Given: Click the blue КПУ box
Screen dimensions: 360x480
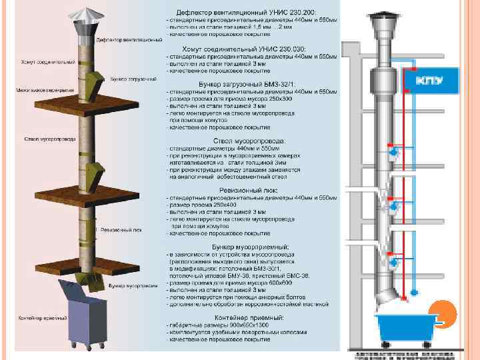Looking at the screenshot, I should tap(435, 81).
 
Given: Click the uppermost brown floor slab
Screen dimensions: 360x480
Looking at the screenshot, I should tap(87, 93).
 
